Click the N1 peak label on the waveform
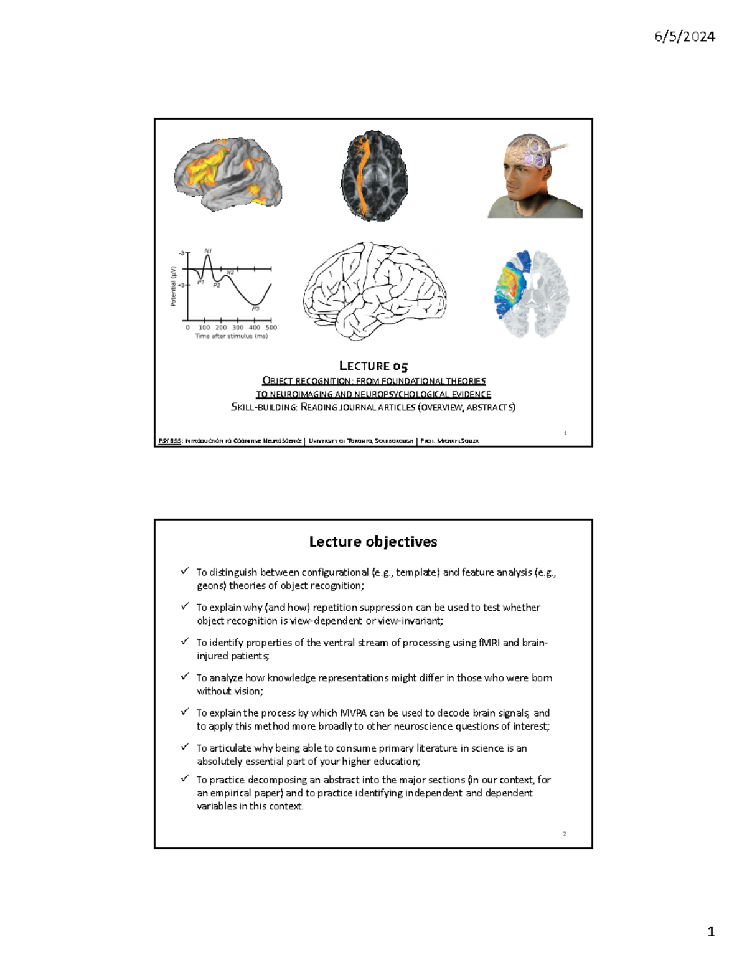tap(208, 251)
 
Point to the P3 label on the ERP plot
tap(255, 308)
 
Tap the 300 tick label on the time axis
tap(238, 327)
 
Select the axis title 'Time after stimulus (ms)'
tap(232, 336)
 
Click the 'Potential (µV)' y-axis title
tap(174, 286)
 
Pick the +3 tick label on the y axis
tap(181, 285)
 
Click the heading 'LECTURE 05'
tap(374, 366)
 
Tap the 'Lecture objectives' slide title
tap(373, 542)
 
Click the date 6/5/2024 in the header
tap(684, 37)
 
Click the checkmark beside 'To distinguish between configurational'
tap(185, 570)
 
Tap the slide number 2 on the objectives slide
tap(565, 834)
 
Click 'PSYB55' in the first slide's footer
tap(169, 441)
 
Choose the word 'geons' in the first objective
tap(210, 586)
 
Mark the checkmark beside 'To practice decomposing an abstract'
tap(185, 778)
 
